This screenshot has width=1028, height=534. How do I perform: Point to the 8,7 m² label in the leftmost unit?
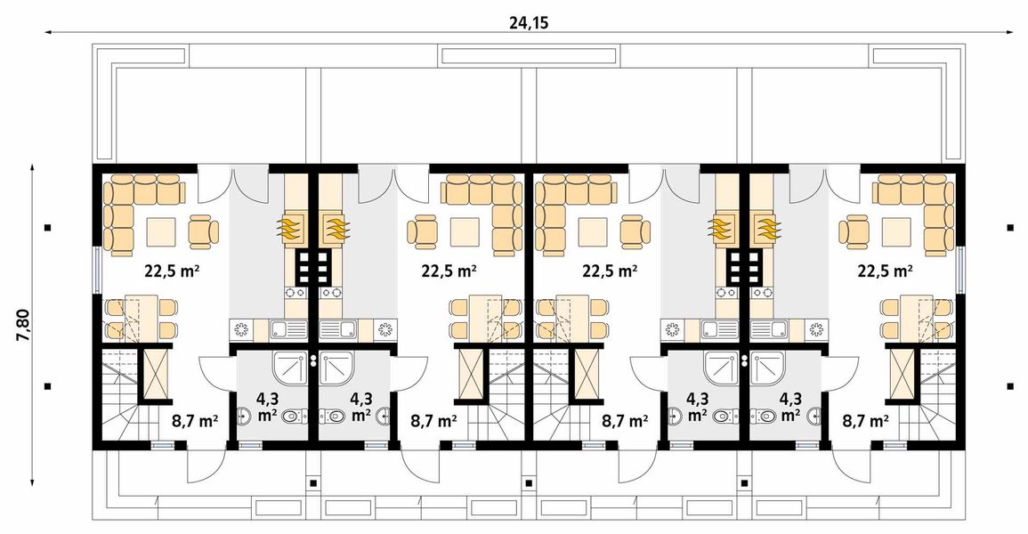point(195,420)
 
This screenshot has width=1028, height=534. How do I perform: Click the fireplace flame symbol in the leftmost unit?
point(291,228)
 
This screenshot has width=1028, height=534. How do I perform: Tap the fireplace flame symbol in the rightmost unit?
point(766,228)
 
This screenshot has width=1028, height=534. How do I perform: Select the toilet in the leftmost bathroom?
point(294,415)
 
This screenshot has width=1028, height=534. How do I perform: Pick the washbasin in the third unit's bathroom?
point(675,415)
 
